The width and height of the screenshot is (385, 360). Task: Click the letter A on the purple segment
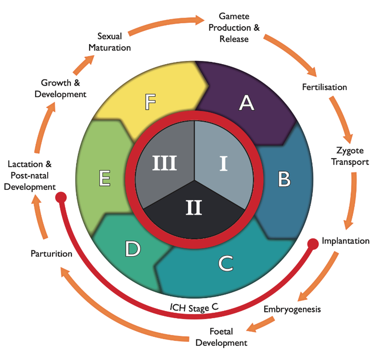click(246, 103)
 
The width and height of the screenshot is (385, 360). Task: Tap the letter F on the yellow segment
click(150, 102)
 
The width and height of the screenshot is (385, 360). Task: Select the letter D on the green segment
click(133, 248)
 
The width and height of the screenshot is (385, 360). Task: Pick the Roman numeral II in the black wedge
click(194, 207)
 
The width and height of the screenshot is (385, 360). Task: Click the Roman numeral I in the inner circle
click(223, 163)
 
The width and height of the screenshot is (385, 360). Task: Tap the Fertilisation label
click(324, 87)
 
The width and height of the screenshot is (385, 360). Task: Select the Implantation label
click(345, 241)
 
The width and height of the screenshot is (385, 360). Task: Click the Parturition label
click(51, 254)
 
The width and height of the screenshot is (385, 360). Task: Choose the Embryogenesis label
click(292, 309)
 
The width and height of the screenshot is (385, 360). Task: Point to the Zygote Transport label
click(350, 156)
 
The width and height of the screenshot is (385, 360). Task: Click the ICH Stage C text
click(194, 307)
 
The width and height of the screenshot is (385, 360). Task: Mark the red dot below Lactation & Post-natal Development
click(61, 197)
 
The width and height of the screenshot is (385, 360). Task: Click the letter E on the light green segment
click(105, 178)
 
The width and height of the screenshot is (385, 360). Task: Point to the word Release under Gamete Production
click(234, 39)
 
